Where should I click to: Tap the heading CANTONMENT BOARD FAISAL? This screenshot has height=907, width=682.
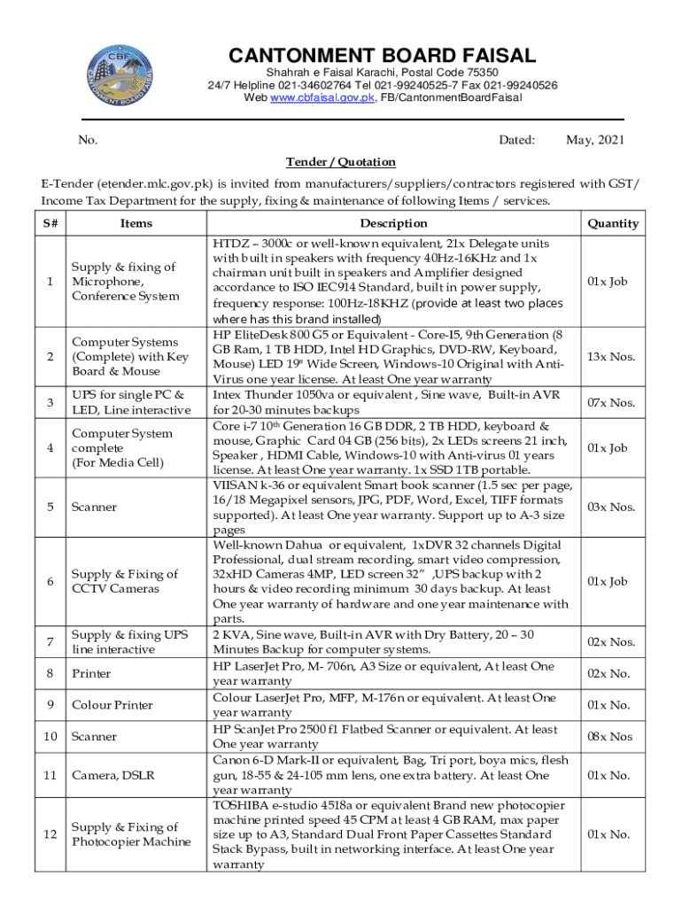[x=383, y=56]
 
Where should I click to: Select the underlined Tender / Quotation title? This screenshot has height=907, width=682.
[x=340, y=162]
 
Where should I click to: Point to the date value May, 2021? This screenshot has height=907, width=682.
[x=594, y=140]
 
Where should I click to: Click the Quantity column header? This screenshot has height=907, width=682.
[x=613, y=223]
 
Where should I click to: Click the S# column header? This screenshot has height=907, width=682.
[x=50, y=223]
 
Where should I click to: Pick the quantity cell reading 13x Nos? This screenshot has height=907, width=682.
[x=611, y=357]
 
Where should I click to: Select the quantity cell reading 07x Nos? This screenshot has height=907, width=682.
[x=611, y=403]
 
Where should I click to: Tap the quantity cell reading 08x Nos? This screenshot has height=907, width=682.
[x=611, y=736]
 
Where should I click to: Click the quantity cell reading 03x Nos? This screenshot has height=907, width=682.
[x=611, y=507]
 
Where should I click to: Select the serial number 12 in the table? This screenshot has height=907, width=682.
[x=50, y=834]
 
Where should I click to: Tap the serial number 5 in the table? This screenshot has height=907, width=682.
[x=50, y=507]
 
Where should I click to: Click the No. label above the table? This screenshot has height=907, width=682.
[x=88, y=140]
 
